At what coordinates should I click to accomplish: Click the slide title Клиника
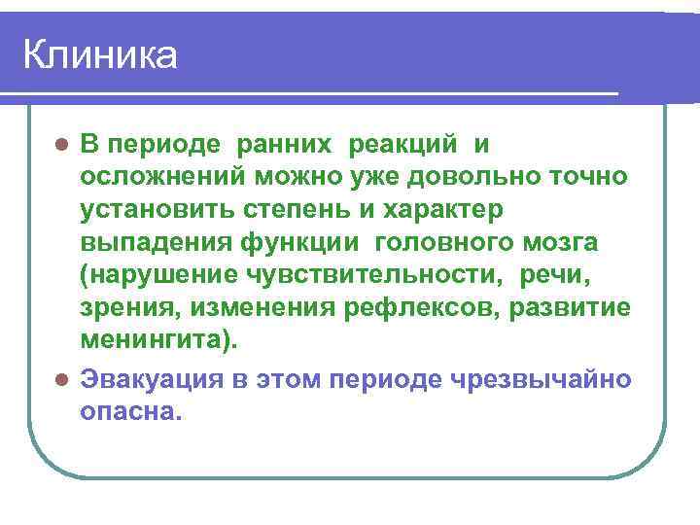(100, 55)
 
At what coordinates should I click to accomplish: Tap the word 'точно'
(588, 177)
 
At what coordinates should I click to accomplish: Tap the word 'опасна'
(126, 410)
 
